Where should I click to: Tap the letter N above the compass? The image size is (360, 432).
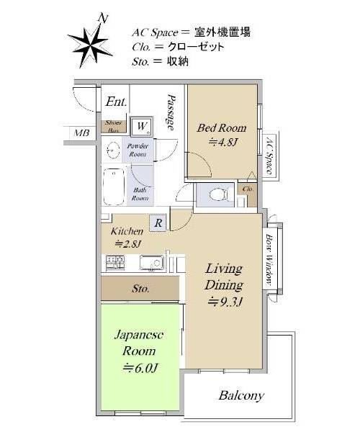[103, 19]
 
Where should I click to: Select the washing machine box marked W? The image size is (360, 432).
[142, 126]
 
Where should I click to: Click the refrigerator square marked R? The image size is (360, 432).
[158, 222]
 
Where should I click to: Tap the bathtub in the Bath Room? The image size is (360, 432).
[114, 186]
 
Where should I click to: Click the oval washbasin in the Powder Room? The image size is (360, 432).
[113, 150]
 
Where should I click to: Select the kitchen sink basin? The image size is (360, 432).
[151, 263]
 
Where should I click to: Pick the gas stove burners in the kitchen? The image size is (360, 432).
[115, 263]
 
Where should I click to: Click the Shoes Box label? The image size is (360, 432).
[113, 127]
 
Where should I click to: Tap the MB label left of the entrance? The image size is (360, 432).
[81, 133]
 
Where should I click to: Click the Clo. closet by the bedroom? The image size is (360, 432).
[248, 189]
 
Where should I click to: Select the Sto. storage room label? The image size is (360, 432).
[140, 289]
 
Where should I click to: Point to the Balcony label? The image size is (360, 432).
[241, 396]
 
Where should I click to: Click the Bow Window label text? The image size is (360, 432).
[269, 259]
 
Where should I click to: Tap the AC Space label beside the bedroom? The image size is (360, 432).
[270, 154]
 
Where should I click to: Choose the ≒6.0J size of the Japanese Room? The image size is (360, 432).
[140, 368]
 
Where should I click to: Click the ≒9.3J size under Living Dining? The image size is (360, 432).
[225, 302]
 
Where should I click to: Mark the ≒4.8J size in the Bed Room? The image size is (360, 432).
[223, 142]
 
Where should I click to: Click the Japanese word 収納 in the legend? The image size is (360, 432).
[178, 61]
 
